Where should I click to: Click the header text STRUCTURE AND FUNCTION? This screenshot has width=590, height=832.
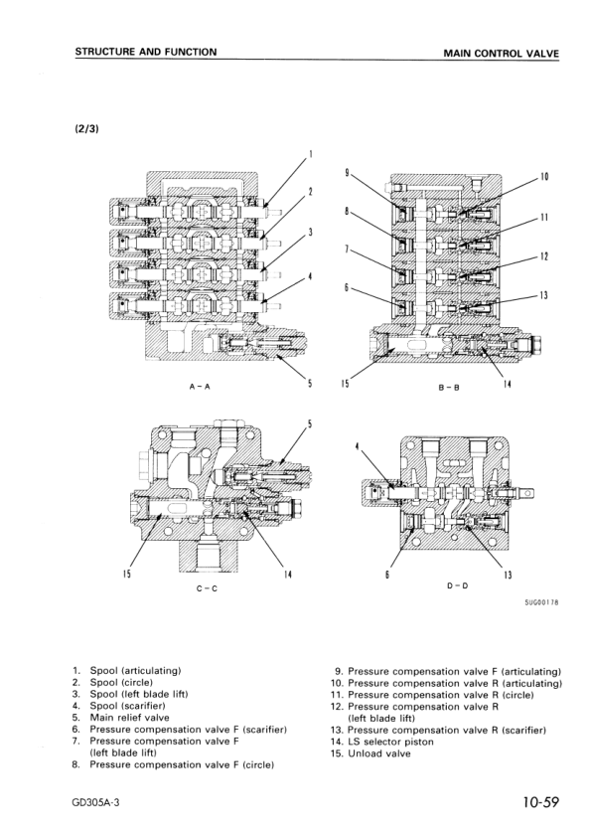[146, 52]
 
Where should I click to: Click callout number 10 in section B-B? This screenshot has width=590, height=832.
[544, 178]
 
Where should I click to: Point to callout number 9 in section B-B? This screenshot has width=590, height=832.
[346, 172]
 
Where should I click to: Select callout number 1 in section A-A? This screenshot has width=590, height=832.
[310, 154]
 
